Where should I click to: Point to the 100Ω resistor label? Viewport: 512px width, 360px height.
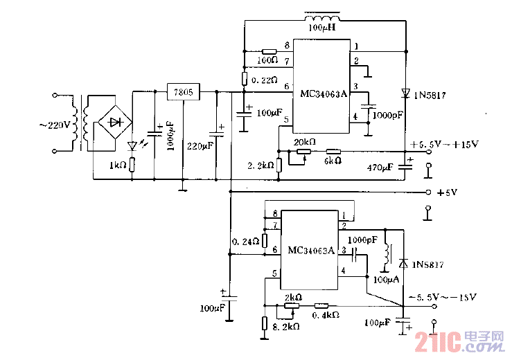tap(267, 60)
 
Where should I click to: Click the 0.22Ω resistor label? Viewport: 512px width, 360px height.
tap(265, 80)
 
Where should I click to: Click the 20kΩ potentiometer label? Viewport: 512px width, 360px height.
tap(305, 142)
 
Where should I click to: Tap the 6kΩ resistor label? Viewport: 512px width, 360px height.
tap(333, 161)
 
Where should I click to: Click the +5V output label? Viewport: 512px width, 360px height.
tap(448, 192)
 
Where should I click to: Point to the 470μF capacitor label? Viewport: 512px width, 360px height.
tap(380, 167)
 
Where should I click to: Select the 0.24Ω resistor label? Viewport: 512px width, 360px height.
tap(246, 242)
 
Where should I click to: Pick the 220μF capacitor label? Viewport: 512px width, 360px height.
tap(200, 146)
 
